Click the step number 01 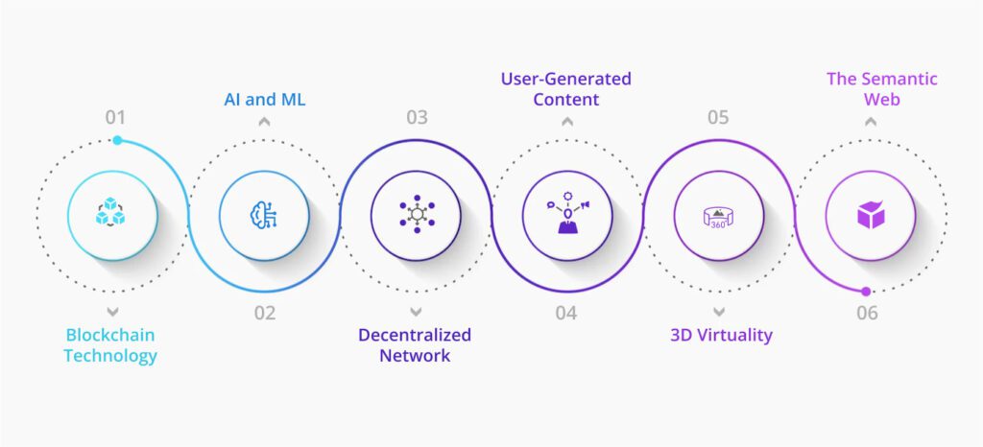[115, 118]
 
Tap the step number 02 [265, 313]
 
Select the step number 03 [417, 118]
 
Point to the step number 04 [566, 313]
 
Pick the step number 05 [718, 118]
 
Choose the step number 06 [868, 313]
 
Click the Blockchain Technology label [110, 345]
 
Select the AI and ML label [265, 100]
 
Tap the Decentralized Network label [415, 345]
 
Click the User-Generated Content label [566, 89]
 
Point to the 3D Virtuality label [722, 336]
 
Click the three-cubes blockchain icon [110, 212]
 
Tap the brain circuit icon [263, 215]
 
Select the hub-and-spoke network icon [417, 214]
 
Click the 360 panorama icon [718, 217]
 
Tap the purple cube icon [871, 215]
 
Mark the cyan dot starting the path [117, 140]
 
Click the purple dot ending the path [866, 291]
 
